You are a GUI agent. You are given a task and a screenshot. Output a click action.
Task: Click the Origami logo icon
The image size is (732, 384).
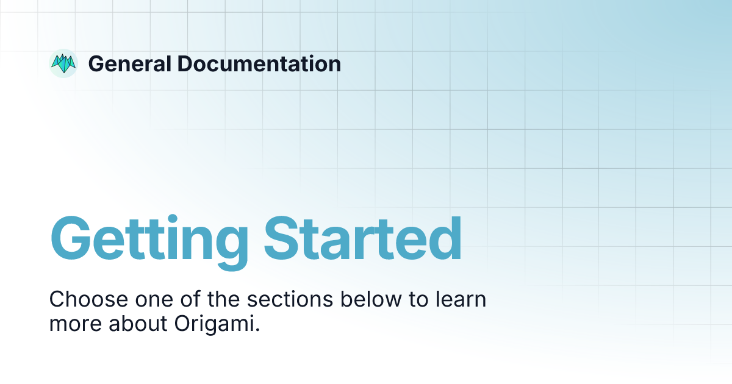(x=63, y=63)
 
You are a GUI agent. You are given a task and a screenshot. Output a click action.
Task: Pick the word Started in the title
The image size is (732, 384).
(x=363, y=238)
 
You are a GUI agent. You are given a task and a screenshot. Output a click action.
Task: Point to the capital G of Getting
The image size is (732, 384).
(x=73, y=238)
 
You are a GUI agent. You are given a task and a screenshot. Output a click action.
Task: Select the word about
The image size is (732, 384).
(x=135, y=324)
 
